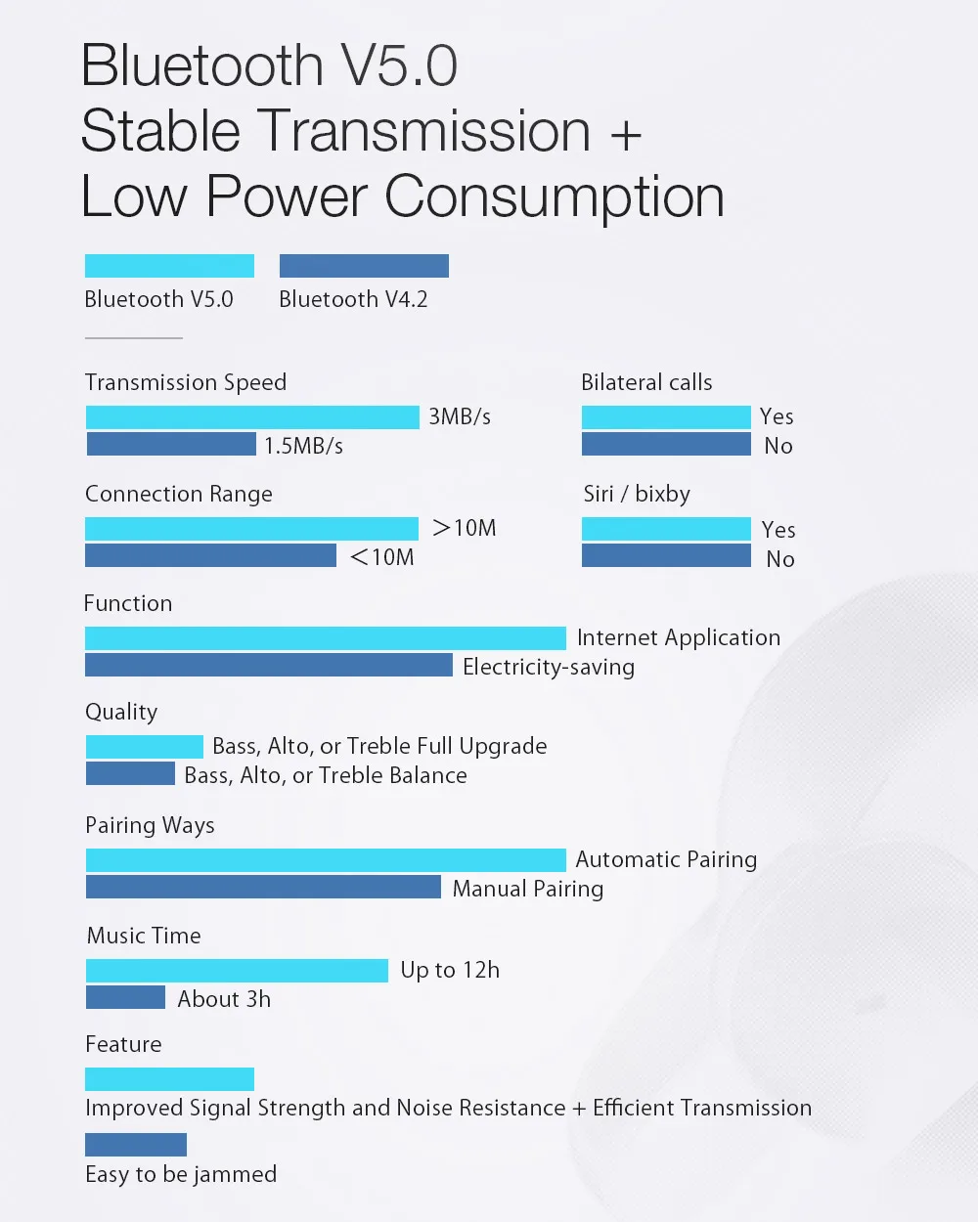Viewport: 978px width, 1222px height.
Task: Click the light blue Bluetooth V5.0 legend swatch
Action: point(169,266)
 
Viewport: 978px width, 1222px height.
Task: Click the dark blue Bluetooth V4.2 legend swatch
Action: point(364,266)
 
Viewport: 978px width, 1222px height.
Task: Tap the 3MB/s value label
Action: point(460,417)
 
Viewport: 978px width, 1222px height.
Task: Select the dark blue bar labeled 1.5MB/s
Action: point(171,445)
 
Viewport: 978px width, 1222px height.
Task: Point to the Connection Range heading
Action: point(179,495)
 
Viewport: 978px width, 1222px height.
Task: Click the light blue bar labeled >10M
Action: point(251,529)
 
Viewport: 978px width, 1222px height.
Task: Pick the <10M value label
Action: point(382,557)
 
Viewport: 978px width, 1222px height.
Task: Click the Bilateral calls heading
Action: point(646,383)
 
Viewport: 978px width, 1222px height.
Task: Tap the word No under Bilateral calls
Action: point(778,446)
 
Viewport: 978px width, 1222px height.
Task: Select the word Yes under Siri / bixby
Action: point(778,530)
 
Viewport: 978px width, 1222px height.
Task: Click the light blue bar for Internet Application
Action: point(326,638)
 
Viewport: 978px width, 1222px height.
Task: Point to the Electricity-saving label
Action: point(549,667)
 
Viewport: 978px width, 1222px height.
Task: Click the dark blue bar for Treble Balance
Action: point(130,774)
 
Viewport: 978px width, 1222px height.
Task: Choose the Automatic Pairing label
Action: point(666,859)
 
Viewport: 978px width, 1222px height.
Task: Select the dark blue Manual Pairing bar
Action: point(263,887)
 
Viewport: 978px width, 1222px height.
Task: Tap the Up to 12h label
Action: point(450,970)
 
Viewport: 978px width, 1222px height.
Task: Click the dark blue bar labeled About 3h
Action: point(125,997)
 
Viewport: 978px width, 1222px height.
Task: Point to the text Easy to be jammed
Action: point(181,1174)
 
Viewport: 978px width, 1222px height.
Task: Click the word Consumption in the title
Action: point(555,196)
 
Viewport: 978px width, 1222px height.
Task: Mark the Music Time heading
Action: point(144,936)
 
